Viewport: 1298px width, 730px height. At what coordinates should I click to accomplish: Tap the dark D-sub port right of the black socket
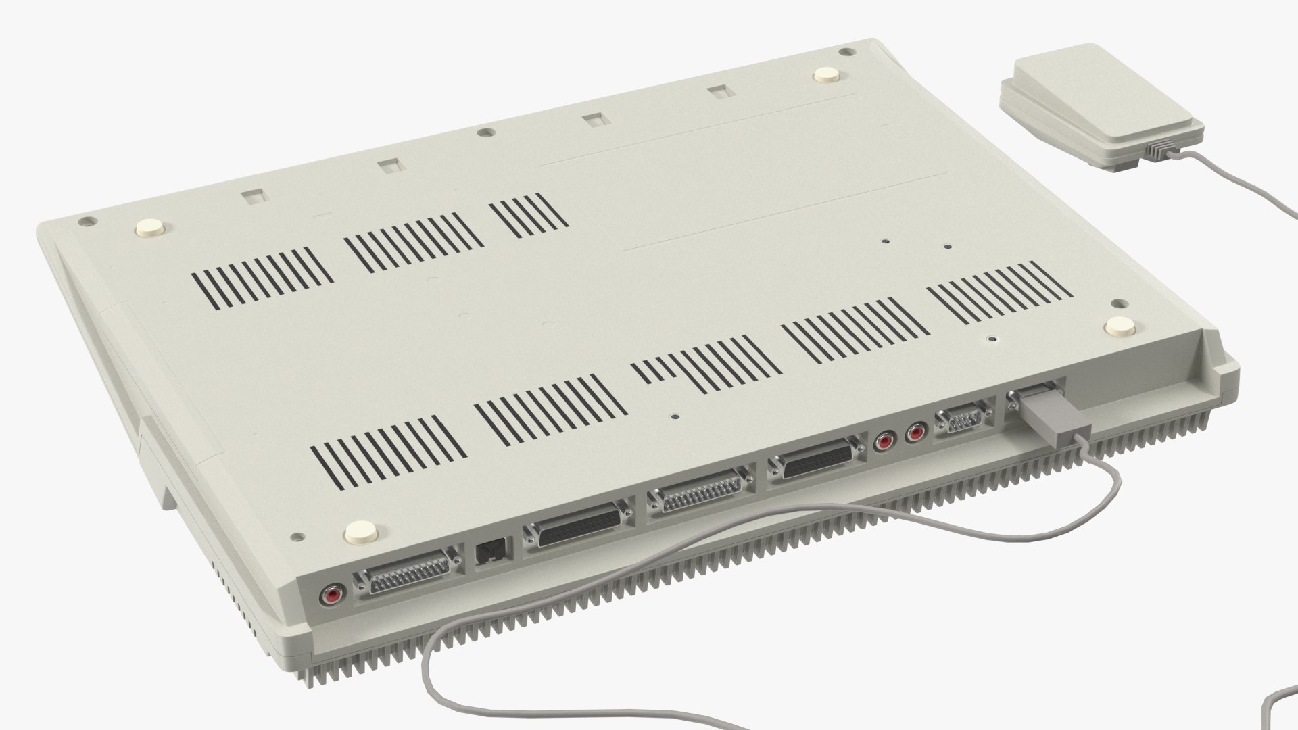click(579, 520)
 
